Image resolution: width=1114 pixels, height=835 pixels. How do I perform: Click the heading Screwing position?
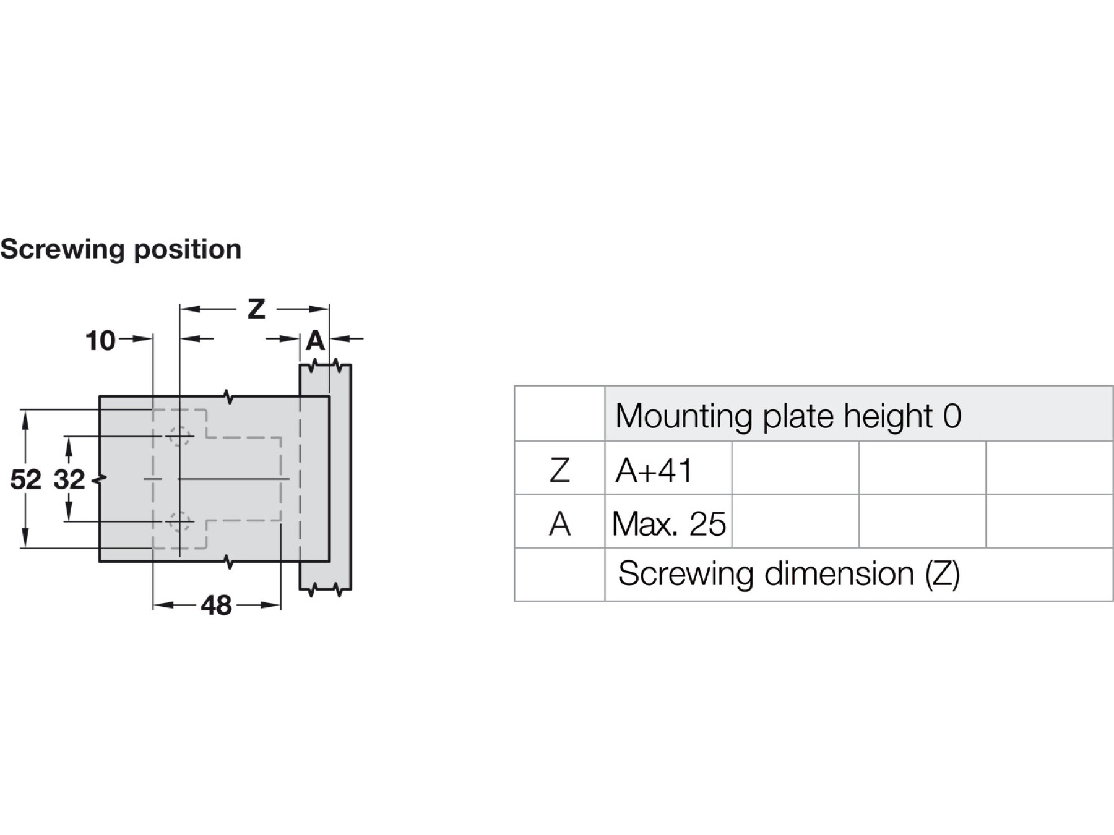[x=121, y=250]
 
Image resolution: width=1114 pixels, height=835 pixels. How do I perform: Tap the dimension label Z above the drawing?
[x=256, y=309]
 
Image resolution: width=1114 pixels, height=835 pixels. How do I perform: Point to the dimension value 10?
[x=100, y=341]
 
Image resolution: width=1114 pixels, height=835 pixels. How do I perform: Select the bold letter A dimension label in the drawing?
[x=316, y=341]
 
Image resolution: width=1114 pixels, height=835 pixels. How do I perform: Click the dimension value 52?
[x=26, y=479]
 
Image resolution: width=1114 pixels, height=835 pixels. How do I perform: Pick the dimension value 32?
[x=69, y=479]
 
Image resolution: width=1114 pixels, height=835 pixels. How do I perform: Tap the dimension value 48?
[x=216, y=606]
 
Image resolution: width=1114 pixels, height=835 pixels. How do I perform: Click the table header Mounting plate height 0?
[x=788, y=416]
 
